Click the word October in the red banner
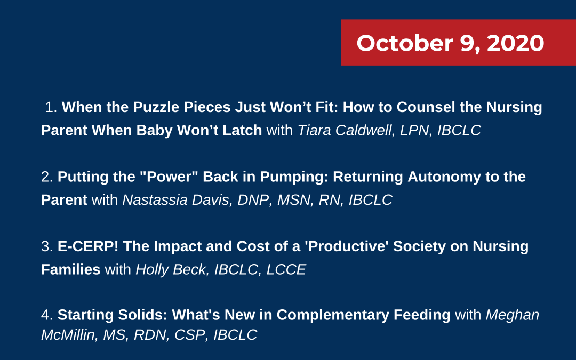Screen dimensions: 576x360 point(405,43)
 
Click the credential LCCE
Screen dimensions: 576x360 point(286,270)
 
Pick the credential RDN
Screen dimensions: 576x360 point(150,335)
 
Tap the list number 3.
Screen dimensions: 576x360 point(46,246)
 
